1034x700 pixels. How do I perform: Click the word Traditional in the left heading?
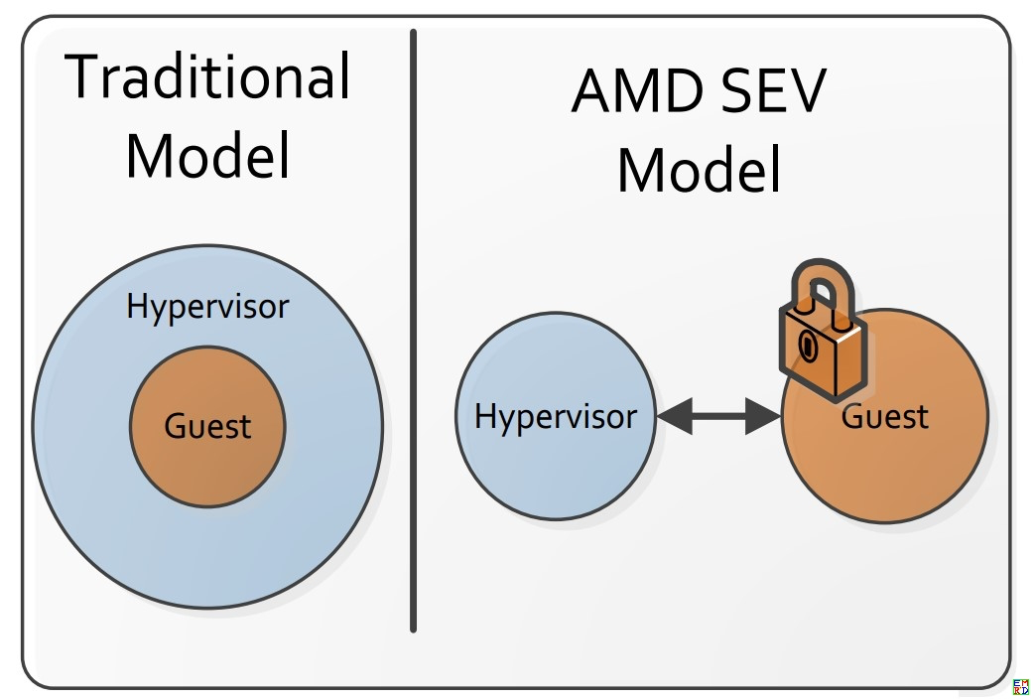208,76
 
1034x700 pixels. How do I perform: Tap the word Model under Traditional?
208,156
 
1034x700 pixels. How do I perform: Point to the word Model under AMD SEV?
699,170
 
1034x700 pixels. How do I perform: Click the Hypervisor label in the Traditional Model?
207,307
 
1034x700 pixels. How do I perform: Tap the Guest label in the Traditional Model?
207,426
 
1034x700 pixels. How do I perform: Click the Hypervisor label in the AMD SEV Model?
556,416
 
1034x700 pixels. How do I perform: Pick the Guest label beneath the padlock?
885,416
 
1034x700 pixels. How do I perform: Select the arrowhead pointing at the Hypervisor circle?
672,417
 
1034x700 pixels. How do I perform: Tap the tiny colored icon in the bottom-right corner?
1021,687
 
